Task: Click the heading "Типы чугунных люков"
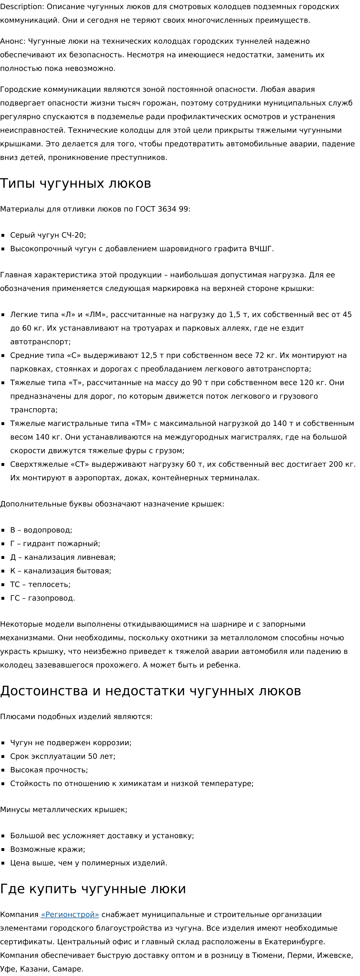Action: (75, 183)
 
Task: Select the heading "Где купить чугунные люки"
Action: (93, 889)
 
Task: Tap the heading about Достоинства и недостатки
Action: (151, 691)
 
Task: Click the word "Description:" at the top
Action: (22, 7)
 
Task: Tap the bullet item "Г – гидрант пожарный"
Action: (55, 544)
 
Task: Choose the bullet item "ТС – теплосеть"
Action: (40, 585)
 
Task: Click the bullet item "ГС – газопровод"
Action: (43, 598)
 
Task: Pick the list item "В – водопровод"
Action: (41, 530)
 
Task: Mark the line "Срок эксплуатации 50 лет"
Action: (63, 756)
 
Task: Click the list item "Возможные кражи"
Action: (47, 849)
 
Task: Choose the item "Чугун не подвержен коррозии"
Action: (71, 743)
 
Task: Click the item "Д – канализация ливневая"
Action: (63, 557)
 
